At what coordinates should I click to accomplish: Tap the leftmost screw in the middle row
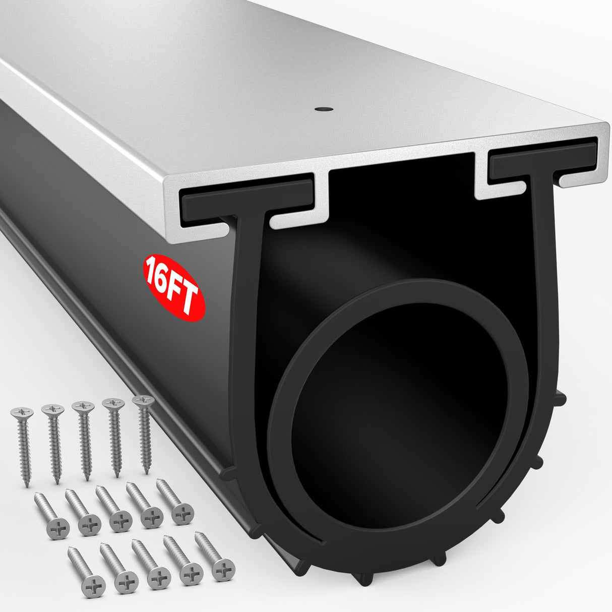[51, 512]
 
